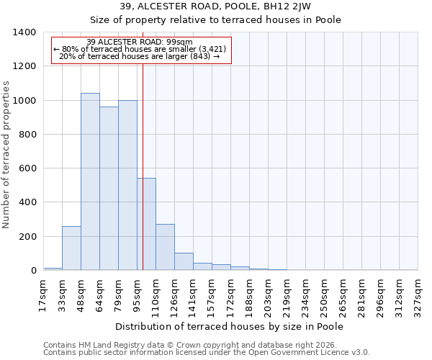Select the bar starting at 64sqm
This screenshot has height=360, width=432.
(109, 189)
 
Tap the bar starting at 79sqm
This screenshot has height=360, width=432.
(127, 185)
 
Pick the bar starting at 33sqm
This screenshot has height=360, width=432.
(71, 248)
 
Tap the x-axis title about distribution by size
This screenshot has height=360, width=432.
(230, 327)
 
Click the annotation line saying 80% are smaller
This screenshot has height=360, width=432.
(140, 49)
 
